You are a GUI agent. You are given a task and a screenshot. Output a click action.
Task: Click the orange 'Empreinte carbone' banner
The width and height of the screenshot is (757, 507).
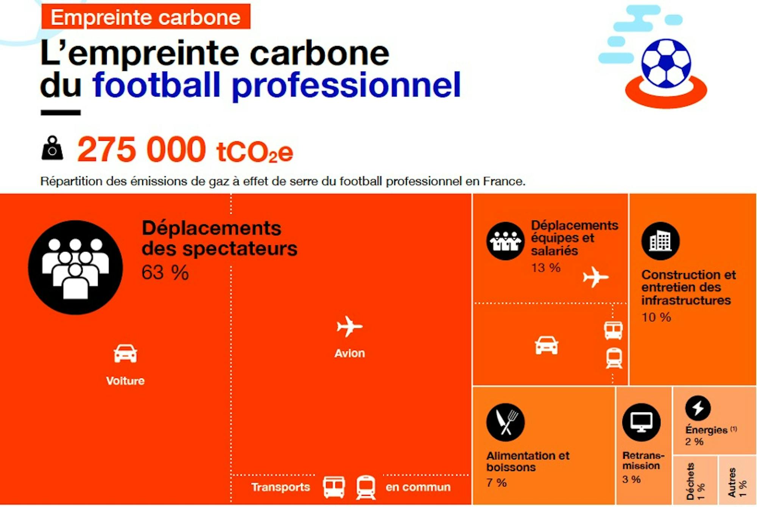(146, 17)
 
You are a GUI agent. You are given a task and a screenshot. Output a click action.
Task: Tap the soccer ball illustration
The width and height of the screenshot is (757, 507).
(666, 63)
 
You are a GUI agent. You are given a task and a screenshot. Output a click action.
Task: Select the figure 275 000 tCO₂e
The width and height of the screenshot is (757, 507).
(185, 150)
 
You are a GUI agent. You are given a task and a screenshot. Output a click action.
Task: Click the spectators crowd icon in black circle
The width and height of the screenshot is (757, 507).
(75, 267)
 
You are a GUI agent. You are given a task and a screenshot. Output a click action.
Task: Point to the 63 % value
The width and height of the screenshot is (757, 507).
(165, 272)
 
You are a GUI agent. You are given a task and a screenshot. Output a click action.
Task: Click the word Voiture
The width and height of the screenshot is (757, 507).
(125, 381)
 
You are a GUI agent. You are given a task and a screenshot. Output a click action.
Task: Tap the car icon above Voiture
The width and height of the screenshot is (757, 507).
(125, 354)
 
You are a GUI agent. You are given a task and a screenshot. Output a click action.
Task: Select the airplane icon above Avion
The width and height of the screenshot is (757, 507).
(349, 326)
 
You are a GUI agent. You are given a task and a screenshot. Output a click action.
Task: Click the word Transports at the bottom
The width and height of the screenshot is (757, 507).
(280, 487)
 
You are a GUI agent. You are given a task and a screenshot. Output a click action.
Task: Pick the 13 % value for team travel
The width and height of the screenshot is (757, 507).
(545, 268)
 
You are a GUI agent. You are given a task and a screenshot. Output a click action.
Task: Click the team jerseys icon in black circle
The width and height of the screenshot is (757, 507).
(505, 241)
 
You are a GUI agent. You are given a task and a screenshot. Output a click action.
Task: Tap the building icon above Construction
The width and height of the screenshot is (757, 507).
(660, 241)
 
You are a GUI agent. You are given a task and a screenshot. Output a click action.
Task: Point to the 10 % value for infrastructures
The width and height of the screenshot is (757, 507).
(656, 317)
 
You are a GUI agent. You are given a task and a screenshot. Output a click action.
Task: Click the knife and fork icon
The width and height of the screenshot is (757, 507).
(505, 422)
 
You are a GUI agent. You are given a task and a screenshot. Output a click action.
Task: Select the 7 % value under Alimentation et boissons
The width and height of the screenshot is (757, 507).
(496, 483)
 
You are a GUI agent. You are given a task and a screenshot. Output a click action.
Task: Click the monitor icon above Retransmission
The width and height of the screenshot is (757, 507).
(641, 422)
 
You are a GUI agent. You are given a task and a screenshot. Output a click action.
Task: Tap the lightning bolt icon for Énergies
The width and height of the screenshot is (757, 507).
(698, 408)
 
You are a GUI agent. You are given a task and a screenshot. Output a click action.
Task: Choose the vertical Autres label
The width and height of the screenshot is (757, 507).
(732, 482)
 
